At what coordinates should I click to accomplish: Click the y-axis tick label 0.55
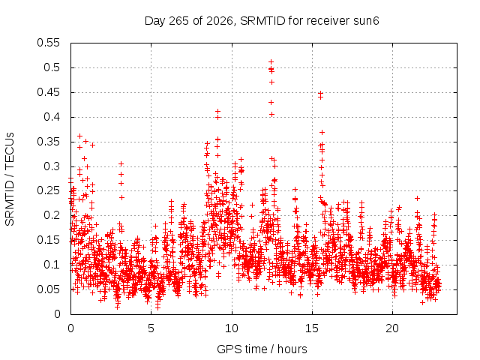(48, 43)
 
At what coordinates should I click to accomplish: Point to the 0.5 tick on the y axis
(52, 67)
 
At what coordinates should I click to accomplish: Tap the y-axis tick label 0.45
(48, 92)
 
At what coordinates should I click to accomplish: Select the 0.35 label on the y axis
(48, 142)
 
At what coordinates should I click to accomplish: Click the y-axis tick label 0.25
(48, 190)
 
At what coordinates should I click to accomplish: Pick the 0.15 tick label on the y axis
(48, 240)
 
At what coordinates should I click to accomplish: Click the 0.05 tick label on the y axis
(48, 289)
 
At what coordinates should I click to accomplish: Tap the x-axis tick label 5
(151, 328)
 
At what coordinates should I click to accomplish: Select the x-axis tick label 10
(232, 328)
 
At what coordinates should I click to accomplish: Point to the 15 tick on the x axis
(312, 328)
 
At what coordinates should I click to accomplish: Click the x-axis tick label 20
(392, 328)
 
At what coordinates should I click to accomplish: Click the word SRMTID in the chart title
(262, 21)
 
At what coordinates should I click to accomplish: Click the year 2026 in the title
(219, 22)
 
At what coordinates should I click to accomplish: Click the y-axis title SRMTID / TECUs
(10, 179)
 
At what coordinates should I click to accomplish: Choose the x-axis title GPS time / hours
(262, 349)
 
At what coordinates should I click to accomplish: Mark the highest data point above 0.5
(271, 62)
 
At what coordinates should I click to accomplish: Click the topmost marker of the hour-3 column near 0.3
(121, 164)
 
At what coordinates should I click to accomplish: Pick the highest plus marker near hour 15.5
(320, 93)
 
